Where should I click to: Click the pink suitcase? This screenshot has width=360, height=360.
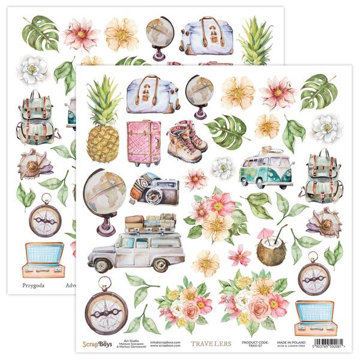(143, 143)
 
